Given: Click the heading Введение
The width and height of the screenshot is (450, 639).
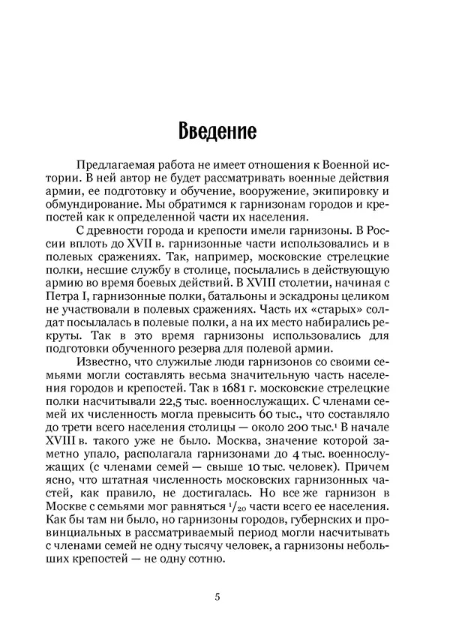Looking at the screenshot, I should tap(218, 131).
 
